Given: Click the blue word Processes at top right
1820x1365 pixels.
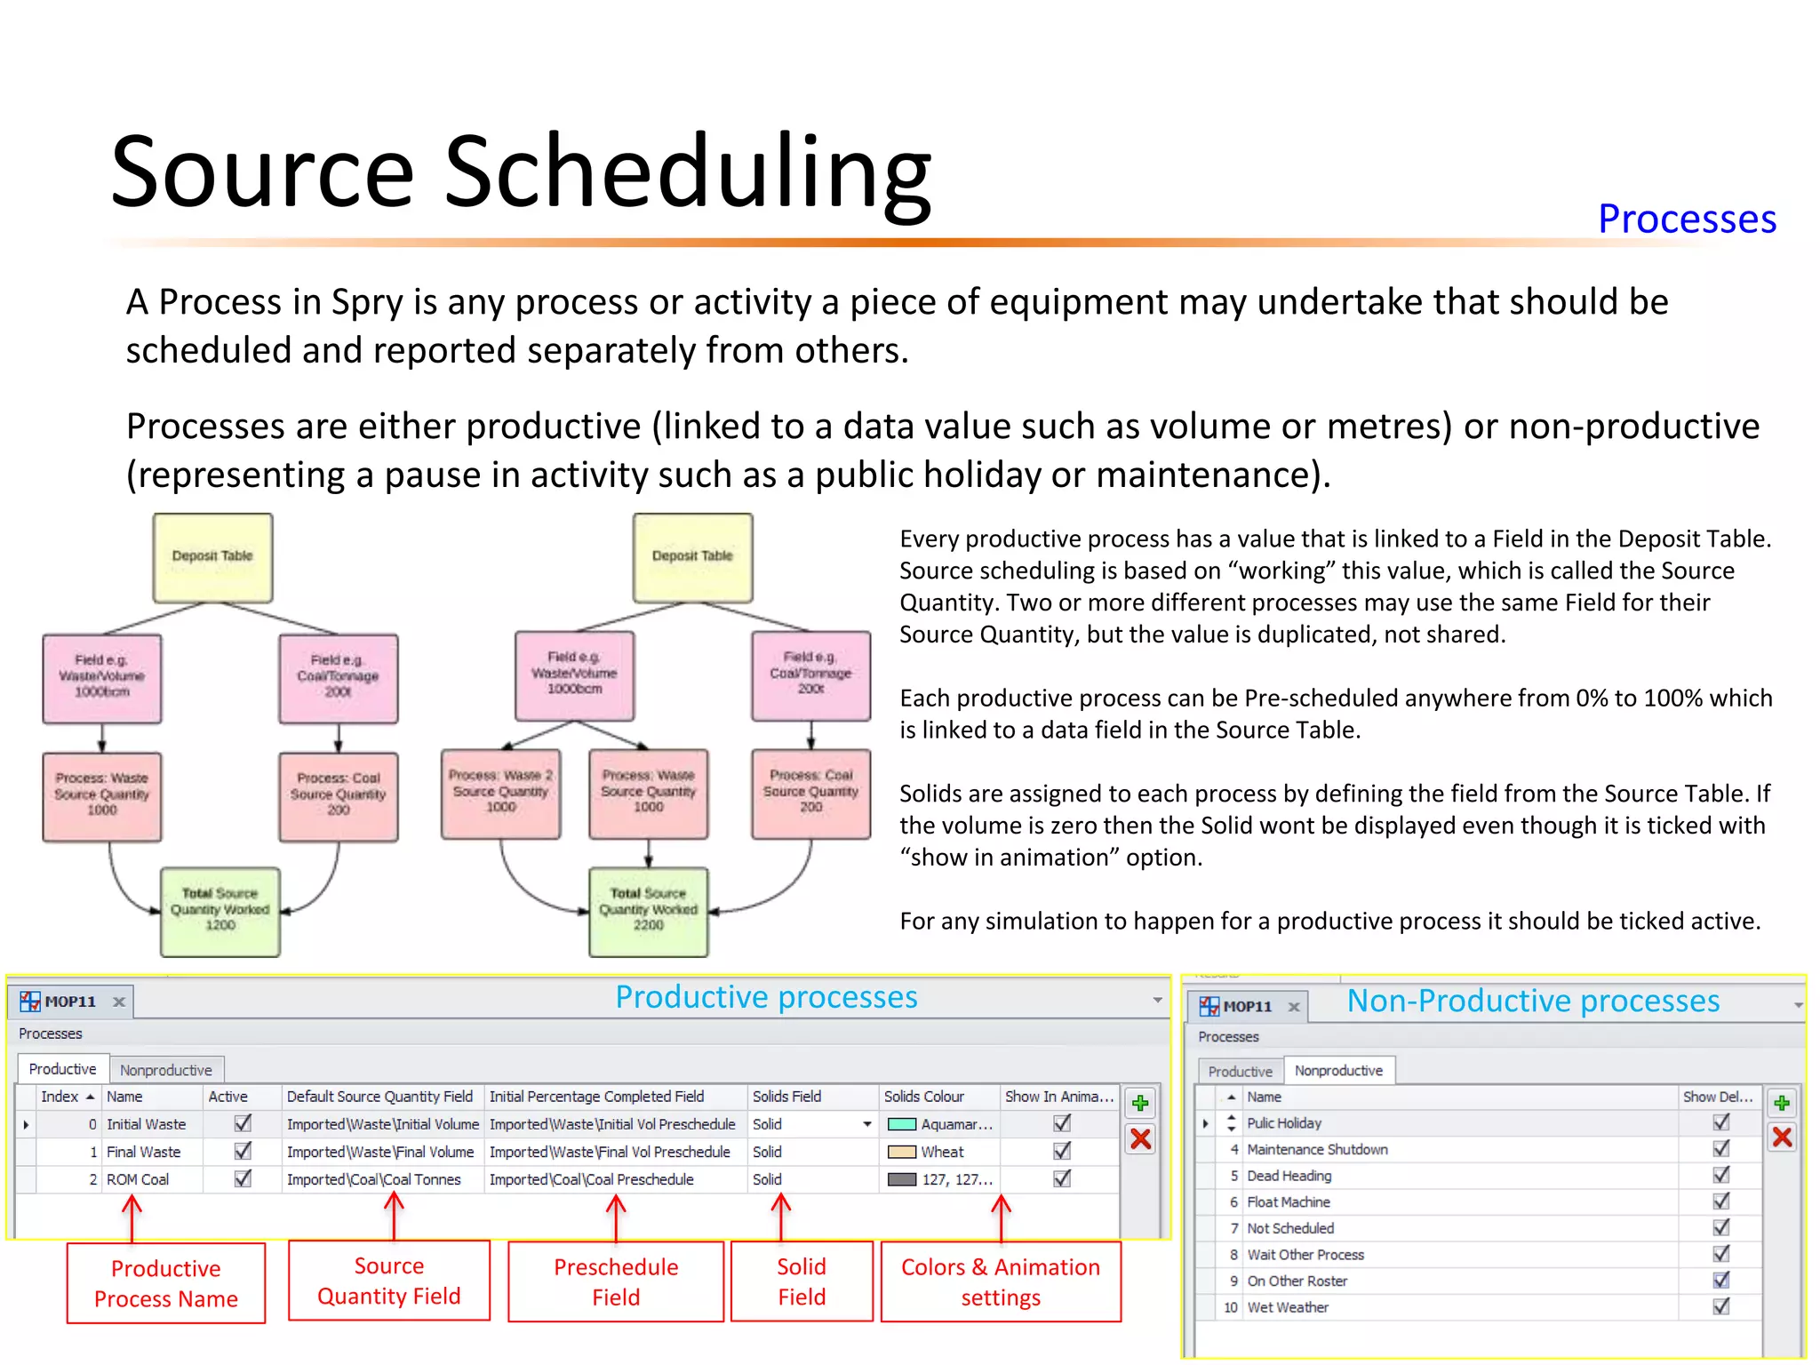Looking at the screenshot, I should tap(1686, 219).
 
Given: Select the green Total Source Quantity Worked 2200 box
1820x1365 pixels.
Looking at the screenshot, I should tap(648, 911).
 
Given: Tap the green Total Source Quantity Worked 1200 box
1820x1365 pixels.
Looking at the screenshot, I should tap(220, 911).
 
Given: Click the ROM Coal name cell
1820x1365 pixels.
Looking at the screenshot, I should tap(138, 1179).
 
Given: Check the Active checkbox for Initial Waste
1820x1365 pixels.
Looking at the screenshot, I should tap(243, 1123).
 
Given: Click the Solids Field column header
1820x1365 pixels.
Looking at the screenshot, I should tap(787, 1097).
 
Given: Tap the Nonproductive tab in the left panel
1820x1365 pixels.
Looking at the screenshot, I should tap(166, 1070).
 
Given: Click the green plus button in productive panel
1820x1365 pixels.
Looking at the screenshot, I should tap(1140, 1104).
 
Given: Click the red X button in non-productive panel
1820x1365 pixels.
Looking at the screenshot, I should tap(1781, 1137).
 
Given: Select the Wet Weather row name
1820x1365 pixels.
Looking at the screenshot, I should tap(1288, 1307).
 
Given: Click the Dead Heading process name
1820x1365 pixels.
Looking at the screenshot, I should tap(1289, 1176).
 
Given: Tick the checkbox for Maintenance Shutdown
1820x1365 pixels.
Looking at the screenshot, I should tap(1721, 1148).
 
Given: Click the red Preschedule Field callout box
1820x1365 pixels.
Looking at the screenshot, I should tap(616, 1281).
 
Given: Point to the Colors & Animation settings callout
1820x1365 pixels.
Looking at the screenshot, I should tap(1001, 1281).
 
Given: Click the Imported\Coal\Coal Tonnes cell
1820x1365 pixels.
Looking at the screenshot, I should tap(374, 1179).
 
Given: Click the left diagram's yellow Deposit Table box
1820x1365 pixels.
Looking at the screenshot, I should tap(212, 556).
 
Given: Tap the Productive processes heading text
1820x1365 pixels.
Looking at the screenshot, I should tap(766, 997).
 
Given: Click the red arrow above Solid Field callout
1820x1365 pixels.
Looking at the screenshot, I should tap(781, 1216).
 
